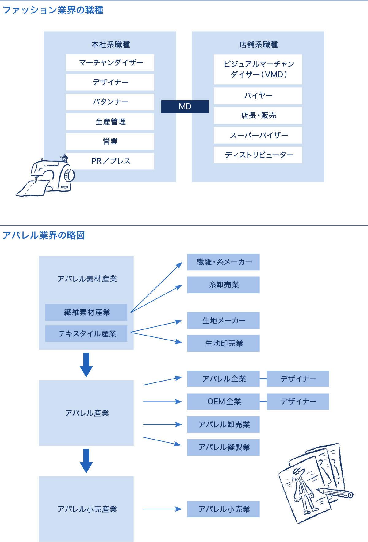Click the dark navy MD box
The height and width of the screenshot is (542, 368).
(x=185, y=106)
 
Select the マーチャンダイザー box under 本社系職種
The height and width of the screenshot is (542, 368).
(x=110, y=63)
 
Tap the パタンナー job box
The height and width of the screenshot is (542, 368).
(x=110, y=102)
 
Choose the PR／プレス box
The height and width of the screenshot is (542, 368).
(x=110, y=161)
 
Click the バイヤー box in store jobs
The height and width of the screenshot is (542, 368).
(x=258, y=96)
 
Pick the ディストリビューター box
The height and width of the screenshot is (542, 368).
(x=258, y=155)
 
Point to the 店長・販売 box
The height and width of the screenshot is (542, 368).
(x=258, y=115)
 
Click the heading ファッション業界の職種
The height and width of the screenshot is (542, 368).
(x=53, y=10)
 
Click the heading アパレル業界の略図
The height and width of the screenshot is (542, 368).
(x=44, y=235)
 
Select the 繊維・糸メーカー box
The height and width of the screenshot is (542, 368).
(x=223, y=262)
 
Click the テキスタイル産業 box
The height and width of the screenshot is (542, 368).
(x=86, y=334)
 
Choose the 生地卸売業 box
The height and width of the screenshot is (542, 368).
(x=223, y=343)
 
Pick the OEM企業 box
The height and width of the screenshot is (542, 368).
(x=223, y=402)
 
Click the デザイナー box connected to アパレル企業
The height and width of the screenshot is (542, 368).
(x=298, y=379)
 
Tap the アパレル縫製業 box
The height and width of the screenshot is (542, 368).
(x=223, y=447)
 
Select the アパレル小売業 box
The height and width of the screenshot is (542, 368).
(x=223, y=509)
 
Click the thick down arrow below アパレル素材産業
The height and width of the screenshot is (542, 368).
(x=86, y=365)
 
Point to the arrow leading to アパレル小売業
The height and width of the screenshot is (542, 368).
(x=163, y=509)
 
